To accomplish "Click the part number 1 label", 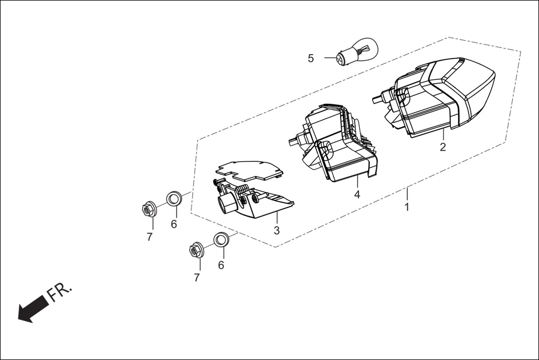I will click(407, 207).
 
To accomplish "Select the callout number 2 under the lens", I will click(443, 147).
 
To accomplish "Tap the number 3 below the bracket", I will click(277, 230).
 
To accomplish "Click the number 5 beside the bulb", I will click(311, 58).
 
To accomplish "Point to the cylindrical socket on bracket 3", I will click(228, 204).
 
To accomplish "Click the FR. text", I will click(59, 292).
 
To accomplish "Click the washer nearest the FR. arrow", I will click(220, 241).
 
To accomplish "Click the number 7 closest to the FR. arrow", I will click(197, 277).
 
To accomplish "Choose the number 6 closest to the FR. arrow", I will click(221, 265).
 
